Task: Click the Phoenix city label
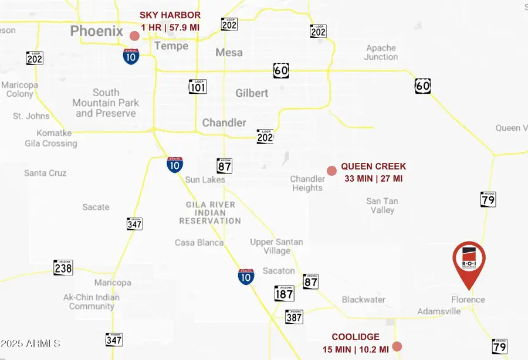pos(97,31)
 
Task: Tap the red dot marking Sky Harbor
pos(134,36)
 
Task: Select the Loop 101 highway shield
pos(198,86)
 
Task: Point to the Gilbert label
pos(252,93)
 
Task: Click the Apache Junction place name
pos(381,52)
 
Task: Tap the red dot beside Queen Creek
pos(331,171)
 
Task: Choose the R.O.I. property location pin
pos(469,262)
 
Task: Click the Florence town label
pos(468,300)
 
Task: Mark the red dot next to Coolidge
pos(397,347)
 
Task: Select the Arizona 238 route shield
pos(63,267)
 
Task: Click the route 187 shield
pos(284,293)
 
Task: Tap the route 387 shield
pos(294,317)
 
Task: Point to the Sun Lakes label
pos(205,179)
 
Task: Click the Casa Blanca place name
pos(199,242)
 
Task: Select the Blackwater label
pos(364,300)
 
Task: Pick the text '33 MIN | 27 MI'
pos(373,178)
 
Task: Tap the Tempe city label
pos(171,46)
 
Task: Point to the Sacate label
pos(96,207)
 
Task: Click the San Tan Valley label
pos(382,205)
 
